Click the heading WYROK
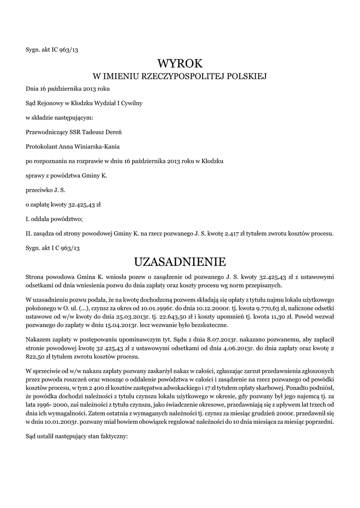(x=180, y=63)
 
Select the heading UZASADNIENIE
(x=180, y=261)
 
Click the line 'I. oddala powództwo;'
(x=54, y=219)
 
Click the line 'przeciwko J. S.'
(x=45, y=190)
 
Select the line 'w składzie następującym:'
(x=59, y=118)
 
